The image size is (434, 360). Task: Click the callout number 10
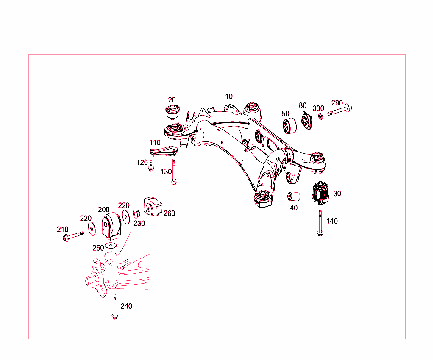[229, 97]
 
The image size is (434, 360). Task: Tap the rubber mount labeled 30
[321, 193]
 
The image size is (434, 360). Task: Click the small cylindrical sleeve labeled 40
[294, 197]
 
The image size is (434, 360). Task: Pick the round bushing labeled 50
[290, 126]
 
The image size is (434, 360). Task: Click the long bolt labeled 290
[339, 111]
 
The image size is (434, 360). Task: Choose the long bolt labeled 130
[173, 172]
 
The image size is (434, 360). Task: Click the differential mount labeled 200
[112, 226]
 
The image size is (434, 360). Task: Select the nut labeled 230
[137, 213]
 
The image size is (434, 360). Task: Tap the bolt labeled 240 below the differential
[114, 306]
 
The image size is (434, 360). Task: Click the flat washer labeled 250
[111, 245]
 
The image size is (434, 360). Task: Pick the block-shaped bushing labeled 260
[153, 206]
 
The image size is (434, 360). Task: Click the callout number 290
[337, 103]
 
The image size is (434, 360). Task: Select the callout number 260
[169, 213]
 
